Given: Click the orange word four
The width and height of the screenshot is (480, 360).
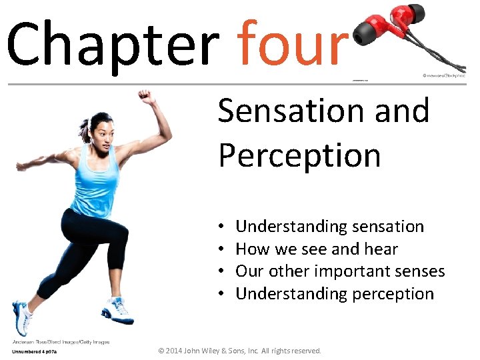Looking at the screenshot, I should (293, 43).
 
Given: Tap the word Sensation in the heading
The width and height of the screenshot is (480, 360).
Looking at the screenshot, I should (293, 111).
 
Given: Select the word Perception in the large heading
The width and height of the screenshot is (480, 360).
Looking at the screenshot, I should (299, 155).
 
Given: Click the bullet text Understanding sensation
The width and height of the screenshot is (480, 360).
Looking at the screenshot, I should (329, 227).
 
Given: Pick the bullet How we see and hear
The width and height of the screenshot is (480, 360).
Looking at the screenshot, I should (317, 249).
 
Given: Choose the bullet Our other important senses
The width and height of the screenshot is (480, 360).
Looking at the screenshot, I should (340, 271).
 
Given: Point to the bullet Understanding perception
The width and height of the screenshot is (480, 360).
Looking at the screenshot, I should (335, 294).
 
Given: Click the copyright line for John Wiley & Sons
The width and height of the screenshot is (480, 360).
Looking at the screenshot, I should (239, 351).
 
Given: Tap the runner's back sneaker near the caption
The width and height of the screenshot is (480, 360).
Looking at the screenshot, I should (22, 319).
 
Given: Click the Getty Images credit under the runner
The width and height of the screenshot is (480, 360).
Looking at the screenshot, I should (60, 342).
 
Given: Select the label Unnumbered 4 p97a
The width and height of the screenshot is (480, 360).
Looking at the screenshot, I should (35, 351).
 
